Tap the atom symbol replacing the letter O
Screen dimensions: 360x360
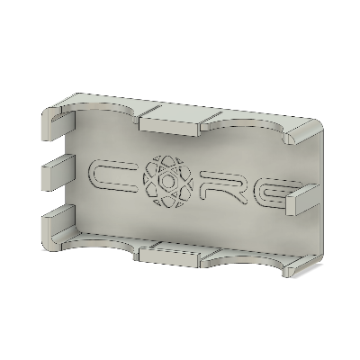(x=168, y=182)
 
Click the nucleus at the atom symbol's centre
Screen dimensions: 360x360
(x=168, y=182)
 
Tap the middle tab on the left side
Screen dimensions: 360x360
(x=57, y=167)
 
